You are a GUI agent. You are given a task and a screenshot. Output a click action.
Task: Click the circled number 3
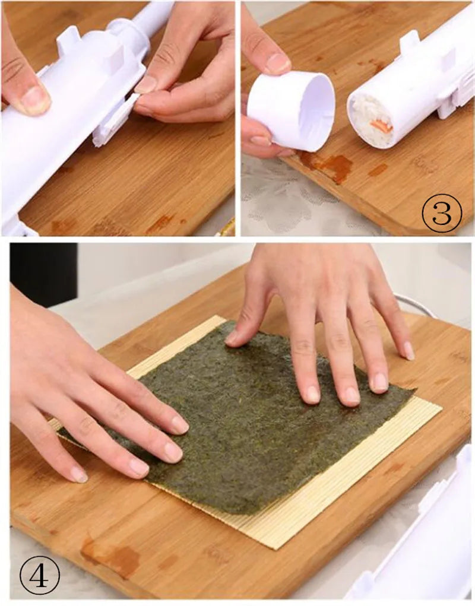click(442, 212)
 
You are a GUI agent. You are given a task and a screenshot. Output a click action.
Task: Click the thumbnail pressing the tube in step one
click(34, 100)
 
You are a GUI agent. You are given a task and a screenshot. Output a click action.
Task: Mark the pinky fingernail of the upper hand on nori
click(408, 350)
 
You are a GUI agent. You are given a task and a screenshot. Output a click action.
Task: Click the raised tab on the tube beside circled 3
click(409, 42)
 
